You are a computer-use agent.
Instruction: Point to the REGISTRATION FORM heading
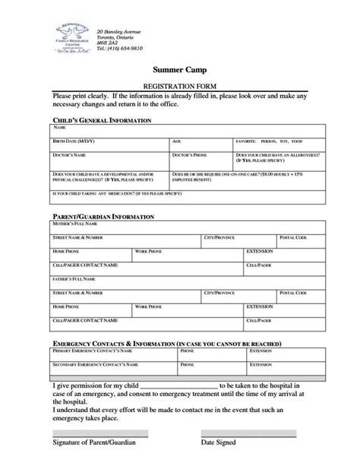[182, 87]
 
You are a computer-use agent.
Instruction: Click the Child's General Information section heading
[104, 121]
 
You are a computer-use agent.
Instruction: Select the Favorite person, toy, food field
[280, 145]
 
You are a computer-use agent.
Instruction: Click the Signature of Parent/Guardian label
[96, 442]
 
